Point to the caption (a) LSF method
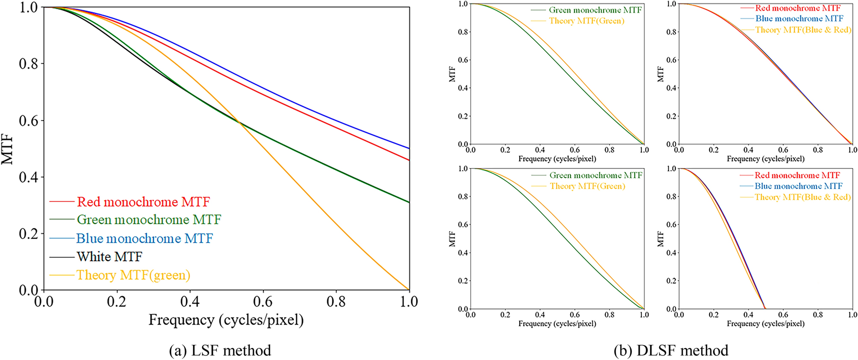coord(220,351)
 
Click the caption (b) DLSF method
coord(671,351)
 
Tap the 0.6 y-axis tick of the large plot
coord(29,121)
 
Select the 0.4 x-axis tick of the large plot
coord(190,302)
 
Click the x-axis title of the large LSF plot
coord(226,320)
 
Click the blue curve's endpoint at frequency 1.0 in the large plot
coord(409,148)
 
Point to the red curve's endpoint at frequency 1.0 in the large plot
coord(409,160)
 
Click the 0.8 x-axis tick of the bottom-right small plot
coord(817,315)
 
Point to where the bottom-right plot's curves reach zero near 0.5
coord(765,308)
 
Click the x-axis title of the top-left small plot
coord(557,159)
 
